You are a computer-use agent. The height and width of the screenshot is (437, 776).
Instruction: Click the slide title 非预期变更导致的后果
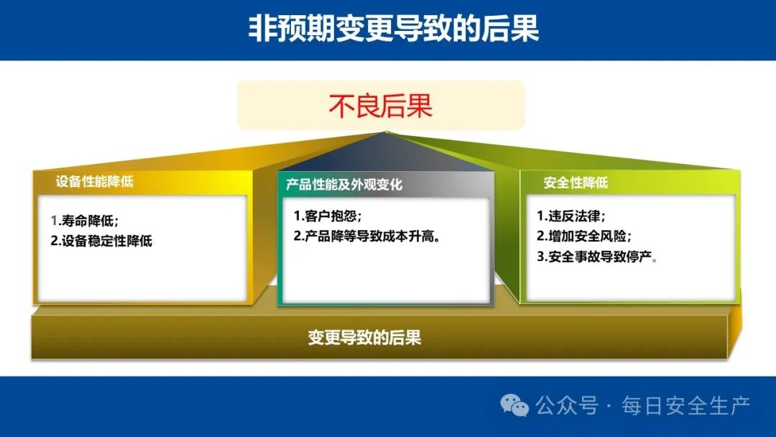pos(394,28)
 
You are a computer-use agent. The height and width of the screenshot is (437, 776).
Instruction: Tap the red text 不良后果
pos(381,106)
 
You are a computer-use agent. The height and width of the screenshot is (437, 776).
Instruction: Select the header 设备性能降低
pos(95,182)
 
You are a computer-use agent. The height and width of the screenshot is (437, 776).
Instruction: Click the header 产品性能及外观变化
pos(344,185)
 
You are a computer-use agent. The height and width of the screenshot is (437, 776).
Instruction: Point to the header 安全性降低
pos(576,183)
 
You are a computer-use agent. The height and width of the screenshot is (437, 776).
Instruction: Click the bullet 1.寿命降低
pos(85,221)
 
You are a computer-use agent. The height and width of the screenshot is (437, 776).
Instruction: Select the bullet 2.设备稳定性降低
pos(101,241)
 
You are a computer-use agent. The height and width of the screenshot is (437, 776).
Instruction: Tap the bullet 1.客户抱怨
pos(328,216)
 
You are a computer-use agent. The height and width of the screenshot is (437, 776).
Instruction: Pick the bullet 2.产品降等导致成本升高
pos(367,236)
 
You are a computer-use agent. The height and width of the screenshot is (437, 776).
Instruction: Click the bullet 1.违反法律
pos(571,216)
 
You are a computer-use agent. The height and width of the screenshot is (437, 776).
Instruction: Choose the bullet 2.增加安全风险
pos(584,236)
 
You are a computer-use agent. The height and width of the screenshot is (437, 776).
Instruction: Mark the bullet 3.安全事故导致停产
pos(597,257)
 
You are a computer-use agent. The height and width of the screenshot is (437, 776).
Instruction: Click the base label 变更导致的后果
pos(364,338)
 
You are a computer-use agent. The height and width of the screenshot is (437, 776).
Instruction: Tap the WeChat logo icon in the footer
pos(514,406)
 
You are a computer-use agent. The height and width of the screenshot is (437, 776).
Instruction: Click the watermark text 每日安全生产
pos(686,406)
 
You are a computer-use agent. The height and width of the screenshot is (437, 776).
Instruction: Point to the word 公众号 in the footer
pos(566,406)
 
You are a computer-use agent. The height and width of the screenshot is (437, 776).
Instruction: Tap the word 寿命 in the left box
pos(74,221)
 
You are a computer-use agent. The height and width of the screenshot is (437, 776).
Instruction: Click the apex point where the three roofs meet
pos(387,132)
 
